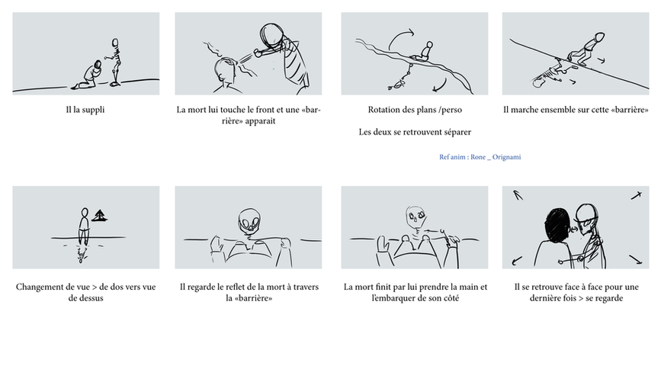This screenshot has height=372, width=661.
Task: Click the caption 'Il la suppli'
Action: click(85, 110)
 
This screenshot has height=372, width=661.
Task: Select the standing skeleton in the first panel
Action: click(116, 60)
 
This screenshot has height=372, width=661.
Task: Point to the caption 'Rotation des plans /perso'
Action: click(414, 110)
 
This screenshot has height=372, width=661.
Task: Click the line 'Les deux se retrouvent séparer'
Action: click(414, 132)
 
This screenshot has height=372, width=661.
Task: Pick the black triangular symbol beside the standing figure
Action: click(98, 216)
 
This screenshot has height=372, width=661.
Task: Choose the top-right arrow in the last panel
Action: click(636, 196)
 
